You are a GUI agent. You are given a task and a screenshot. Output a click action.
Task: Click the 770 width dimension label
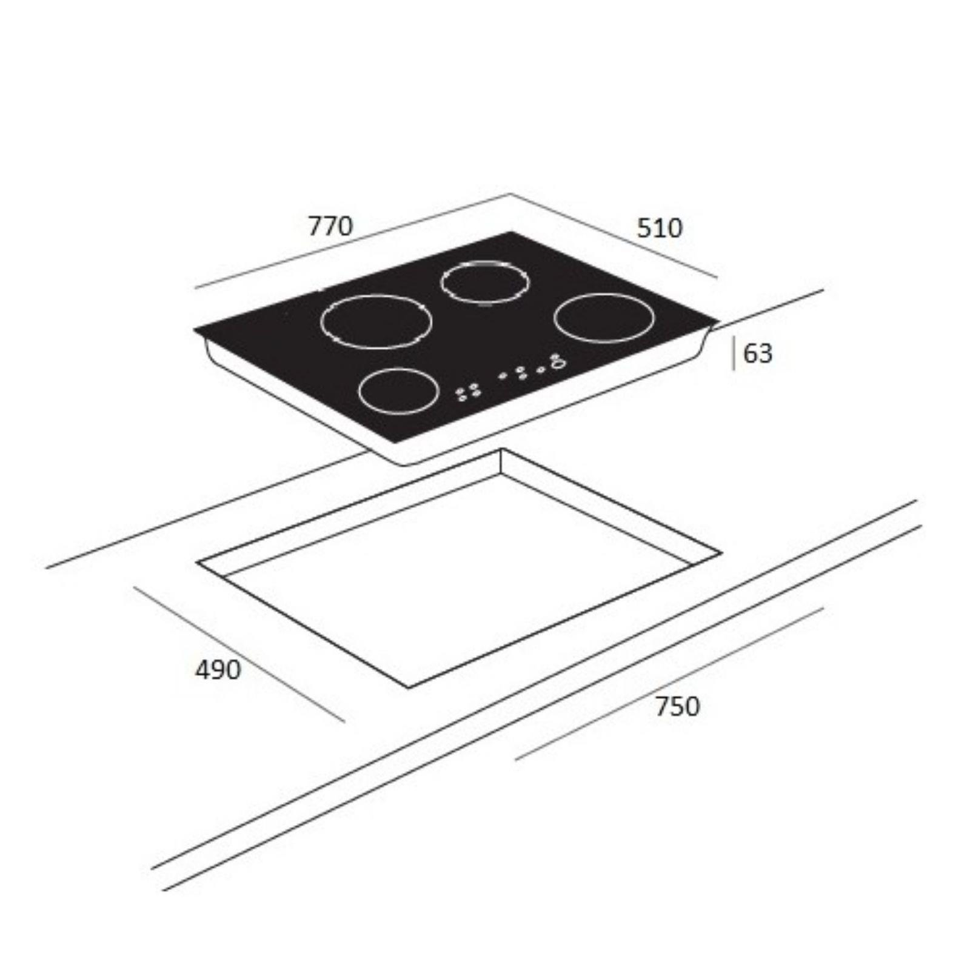[x=330, y=226]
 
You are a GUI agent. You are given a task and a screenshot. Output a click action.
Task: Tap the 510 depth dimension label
[x=660, y=228]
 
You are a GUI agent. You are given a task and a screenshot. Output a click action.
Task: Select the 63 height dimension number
[x=758, y=353]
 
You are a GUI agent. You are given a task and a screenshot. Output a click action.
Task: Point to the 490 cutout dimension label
[x=218, y=670]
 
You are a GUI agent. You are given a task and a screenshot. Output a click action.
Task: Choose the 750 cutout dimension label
[x=677, y=706]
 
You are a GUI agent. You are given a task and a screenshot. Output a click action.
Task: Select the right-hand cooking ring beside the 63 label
[x=604, y=295]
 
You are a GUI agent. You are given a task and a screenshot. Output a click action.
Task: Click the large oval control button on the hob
[x=557, y=363]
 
